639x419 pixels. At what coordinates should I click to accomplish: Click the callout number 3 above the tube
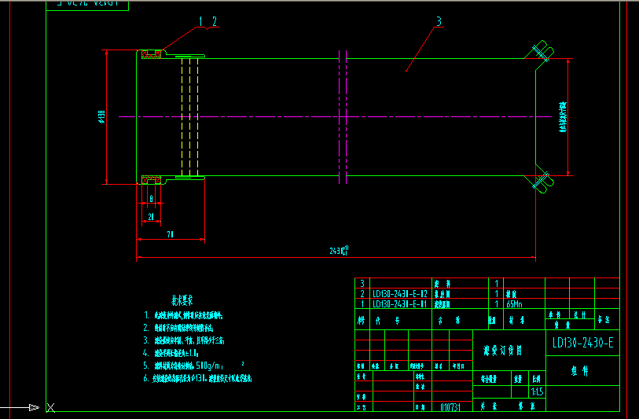439,21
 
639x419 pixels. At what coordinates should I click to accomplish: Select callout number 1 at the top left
200,21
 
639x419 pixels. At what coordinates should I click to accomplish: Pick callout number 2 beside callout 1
213,21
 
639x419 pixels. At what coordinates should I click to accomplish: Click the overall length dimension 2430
339,252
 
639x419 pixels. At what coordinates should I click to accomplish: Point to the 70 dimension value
170,234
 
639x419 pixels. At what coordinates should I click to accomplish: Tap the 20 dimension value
151,216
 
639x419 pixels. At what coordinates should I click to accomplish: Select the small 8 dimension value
151,199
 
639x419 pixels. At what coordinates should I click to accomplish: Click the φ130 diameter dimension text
101,118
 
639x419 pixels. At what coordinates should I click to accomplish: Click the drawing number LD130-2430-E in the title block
582,343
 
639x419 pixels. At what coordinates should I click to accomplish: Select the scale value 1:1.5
537,390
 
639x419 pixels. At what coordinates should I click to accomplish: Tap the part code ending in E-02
399,293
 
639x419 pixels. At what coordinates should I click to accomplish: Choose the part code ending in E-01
399,303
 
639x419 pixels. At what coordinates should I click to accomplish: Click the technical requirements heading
182,300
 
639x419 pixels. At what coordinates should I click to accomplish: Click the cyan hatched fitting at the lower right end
540,182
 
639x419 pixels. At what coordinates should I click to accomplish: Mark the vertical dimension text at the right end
563,116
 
